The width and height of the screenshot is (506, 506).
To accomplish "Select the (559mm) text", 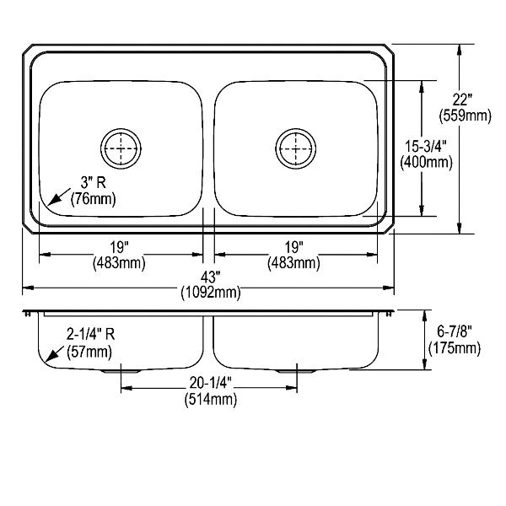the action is click(x=465, y=116).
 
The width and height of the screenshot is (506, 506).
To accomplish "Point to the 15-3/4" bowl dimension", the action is click(x=426, y=146).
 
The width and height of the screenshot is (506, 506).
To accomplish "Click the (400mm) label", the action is click(x=426, y=162).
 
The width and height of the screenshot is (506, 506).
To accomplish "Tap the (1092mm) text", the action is click(x=211, y=293).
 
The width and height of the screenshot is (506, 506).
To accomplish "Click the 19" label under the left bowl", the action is click(x=119, y=247).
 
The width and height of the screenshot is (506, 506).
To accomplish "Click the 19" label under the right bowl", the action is click(x=293, y=247).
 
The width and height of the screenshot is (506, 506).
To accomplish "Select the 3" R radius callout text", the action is click(x=94, y=183).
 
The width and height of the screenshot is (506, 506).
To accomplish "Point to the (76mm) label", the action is click(x=93, y=199).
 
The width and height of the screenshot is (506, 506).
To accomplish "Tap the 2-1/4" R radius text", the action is click(x=91, y=334).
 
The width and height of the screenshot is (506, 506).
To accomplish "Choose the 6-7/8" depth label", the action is click(x=455, y=331).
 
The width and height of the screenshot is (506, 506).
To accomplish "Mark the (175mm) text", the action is click(x=455, y=347).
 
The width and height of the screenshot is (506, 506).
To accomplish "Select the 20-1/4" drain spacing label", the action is click(x=210, y=383).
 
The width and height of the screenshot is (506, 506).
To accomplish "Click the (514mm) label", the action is click(x=210, y=400).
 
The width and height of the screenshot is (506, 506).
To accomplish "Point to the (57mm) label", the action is click(x=89, y=352).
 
